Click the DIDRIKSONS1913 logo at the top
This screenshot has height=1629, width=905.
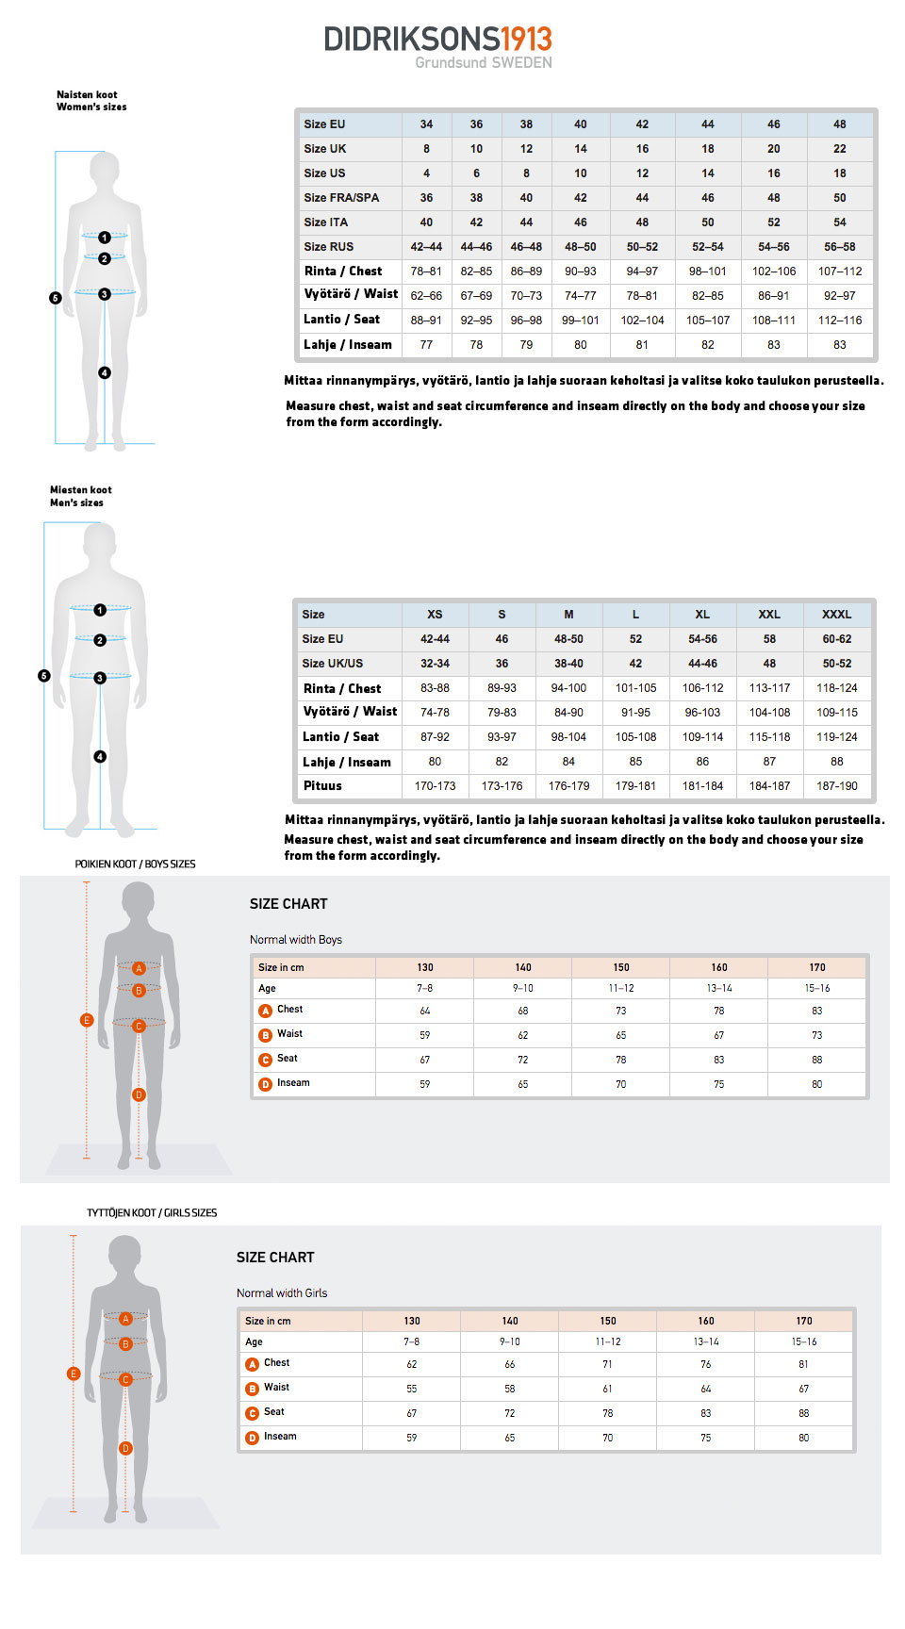point(437,40)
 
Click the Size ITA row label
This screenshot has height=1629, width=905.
point(326,222)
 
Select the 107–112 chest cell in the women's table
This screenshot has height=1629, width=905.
point(839,271)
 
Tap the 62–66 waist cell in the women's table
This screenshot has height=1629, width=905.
point(426,296)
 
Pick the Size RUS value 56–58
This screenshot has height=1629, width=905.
point(839,247)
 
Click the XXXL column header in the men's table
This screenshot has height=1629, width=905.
point(836,615)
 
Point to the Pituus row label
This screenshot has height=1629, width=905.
point(322,786)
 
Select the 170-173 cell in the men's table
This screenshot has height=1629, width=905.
point(435,786)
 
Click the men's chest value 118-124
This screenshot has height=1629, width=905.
point(836,688)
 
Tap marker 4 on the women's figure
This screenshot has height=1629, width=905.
point(105,373)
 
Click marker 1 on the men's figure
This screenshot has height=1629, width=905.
point(100,610)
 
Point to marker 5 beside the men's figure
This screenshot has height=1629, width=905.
point(44,676)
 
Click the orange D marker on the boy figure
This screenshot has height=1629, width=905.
point(139,1094)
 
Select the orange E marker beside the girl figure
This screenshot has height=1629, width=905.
point(74,1374)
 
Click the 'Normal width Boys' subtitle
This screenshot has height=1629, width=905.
point(296,940)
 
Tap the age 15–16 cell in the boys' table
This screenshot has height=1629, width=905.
point(816,989)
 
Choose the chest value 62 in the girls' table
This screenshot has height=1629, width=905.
point(412,1364)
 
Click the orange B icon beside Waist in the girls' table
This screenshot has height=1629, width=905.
point(253,1389)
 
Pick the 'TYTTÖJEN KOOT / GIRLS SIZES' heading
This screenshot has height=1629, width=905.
point(152,1213)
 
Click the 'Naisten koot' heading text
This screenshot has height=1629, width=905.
point(87,95)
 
